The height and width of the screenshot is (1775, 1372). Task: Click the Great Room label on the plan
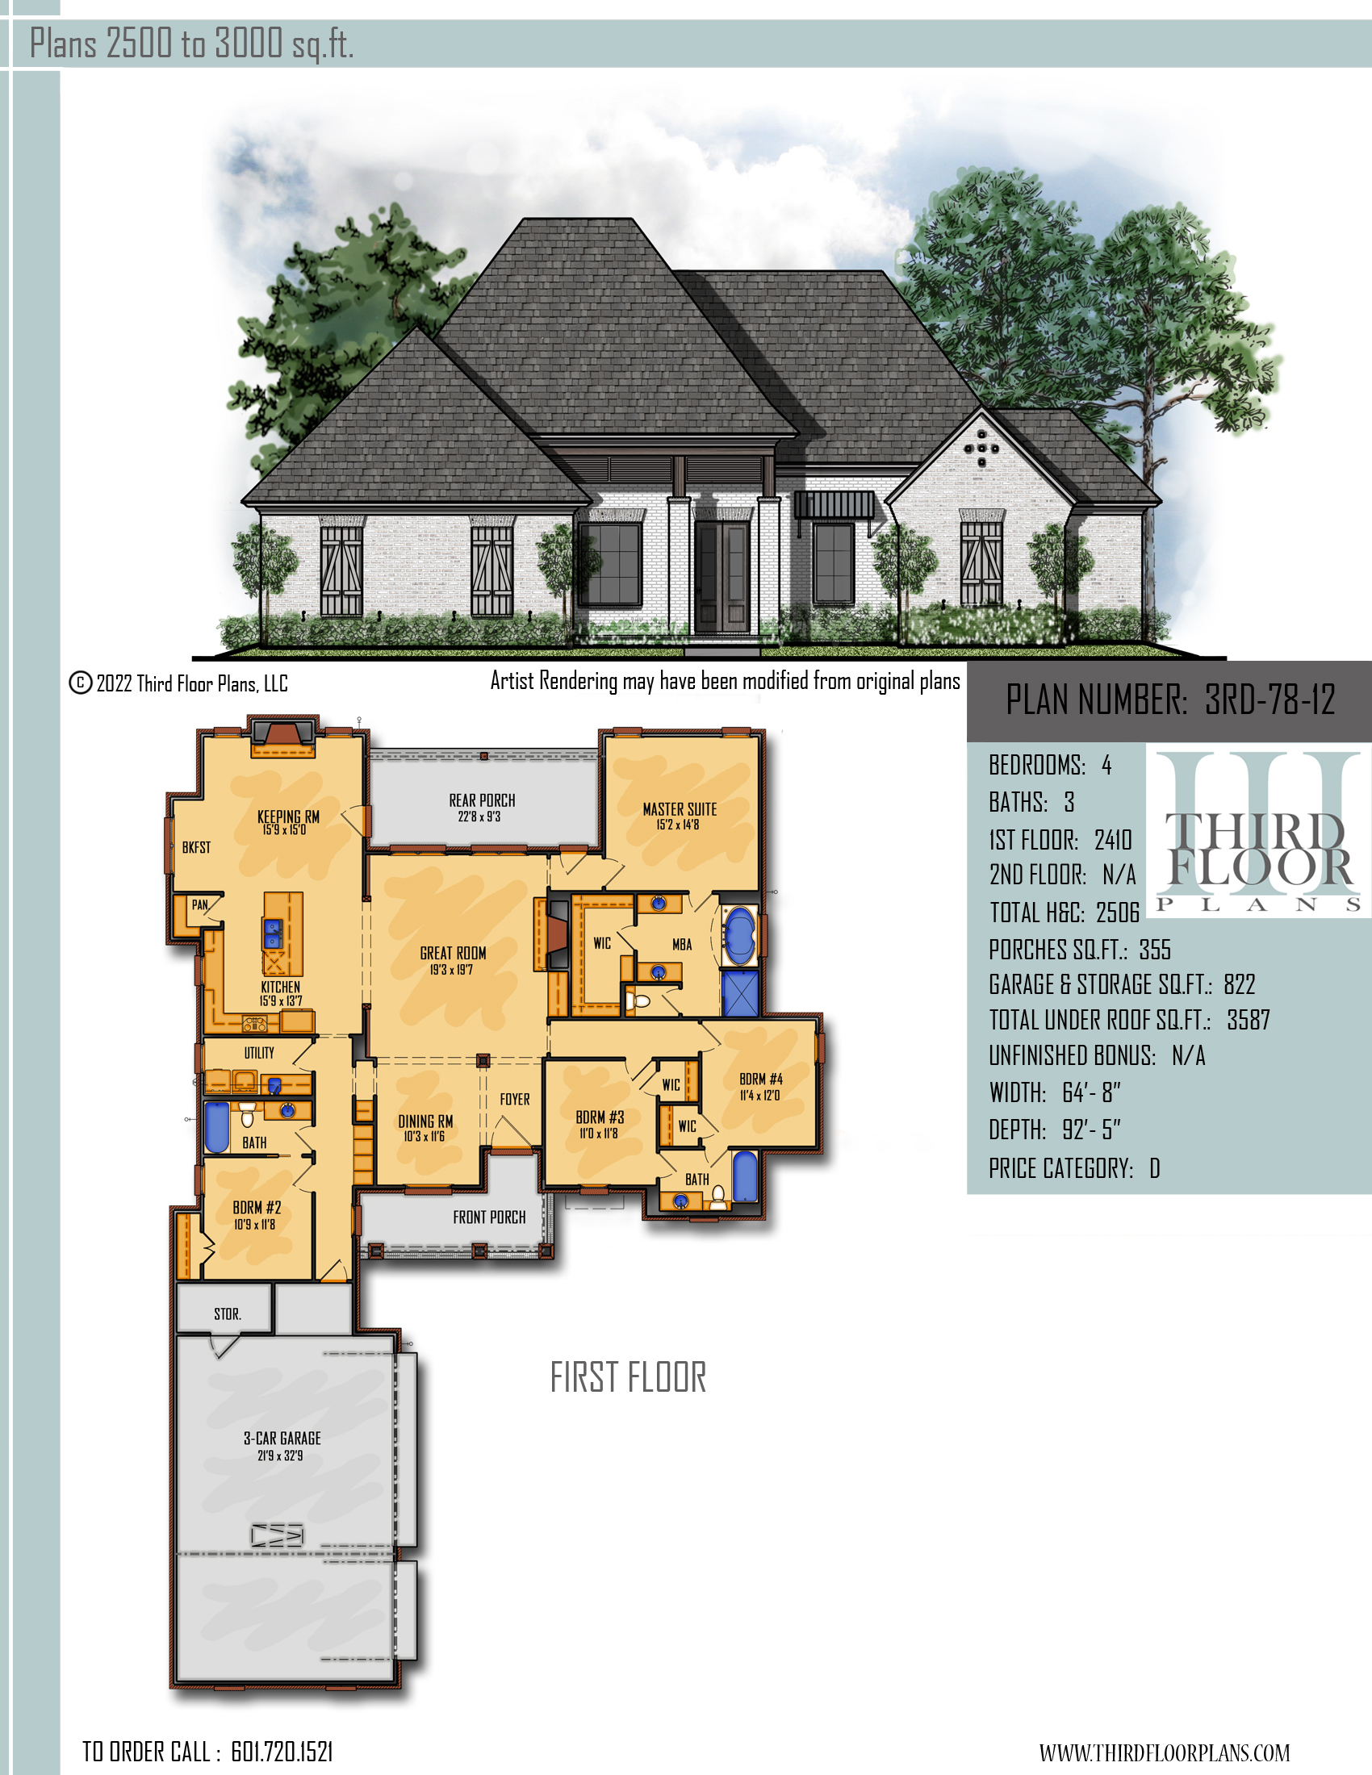click(x=453, y=953)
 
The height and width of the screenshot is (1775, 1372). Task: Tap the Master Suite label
click(x=680, y=809)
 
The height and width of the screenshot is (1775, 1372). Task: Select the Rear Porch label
click(x=482, y=800)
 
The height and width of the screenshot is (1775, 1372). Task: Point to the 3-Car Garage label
click(x=282, y=1438)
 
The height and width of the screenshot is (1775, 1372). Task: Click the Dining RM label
click(x=425, y=1121)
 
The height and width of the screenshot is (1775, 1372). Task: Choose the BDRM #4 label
click(x=761, y=1079)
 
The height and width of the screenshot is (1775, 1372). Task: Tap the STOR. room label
click(x=228, y=1314)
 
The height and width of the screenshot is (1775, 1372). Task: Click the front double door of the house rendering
click(x=722, y=577)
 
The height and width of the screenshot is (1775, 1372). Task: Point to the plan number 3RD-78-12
click(x=1270, y=700)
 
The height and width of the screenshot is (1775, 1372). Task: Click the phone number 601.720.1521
click(x=282, y=1752)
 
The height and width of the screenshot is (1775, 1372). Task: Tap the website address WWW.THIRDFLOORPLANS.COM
click(x=1164, y=1753)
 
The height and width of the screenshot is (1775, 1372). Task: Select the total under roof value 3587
click(x=1248, y=1020)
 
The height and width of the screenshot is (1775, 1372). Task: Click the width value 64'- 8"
click(x=1091, y=1093)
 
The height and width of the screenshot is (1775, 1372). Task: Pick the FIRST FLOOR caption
click(x=628, y=1377)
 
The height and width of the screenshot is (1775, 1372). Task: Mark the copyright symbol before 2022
click(x=80, y=683)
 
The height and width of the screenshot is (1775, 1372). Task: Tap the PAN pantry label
click(x=200, y=904)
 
